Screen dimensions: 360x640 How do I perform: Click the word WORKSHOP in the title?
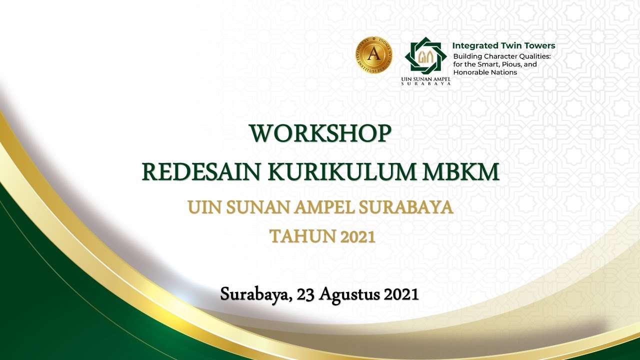pyautogui.click(x=320, y=133)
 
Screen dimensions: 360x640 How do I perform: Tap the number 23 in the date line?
pyautogui.click(x=306, y=294)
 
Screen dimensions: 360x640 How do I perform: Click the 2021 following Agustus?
pyautogui.click(x=400, y=294)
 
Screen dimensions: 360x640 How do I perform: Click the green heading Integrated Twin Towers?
pyautogui.click(x=503, y=45)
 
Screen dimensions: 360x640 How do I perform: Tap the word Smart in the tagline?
pyautogui.click(x=486, y=64)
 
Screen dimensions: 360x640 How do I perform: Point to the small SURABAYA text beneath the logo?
pyautogui.click(x=426, y=83)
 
